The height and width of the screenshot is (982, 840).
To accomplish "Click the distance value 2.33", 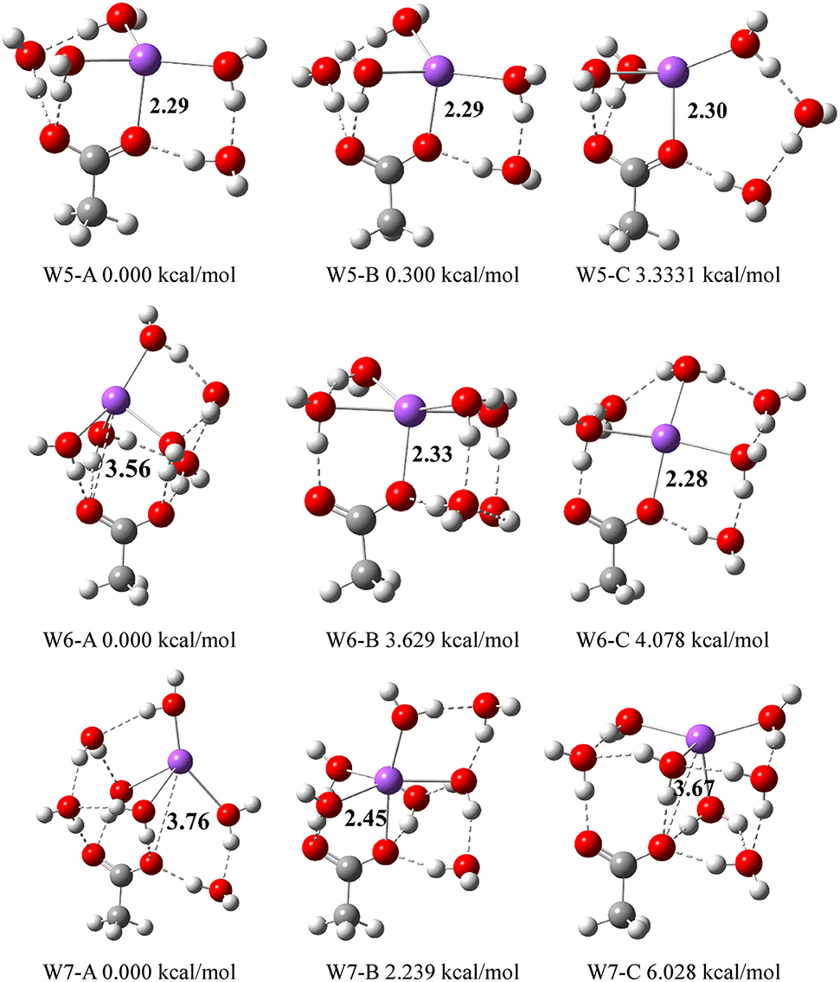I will coord(432,453).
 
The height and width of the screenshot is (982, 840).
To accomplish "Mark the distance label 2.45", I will coord(343,819).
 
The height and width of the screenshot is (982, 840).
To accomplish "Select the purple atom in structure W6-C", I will coord(664,435).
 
